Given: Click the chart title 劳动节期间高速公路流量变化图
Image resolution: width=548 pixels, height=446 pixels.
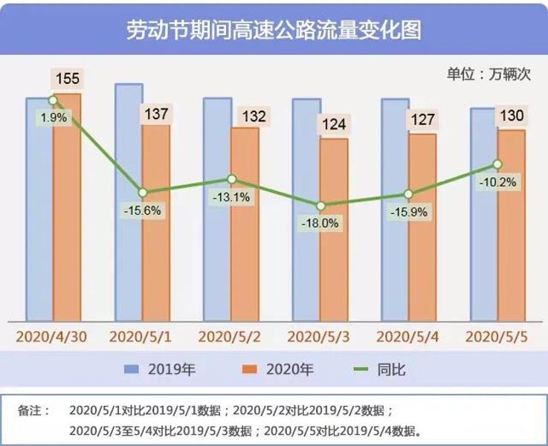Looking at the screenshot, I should pyautogui.click(x=274, y=30).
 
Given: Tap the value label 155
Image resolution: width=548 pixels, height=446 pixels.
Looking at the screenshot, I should pyautogui.click(x=67, y=79).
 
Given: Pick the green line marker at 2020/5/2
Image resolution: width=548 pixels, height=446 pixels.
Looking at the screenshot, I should pyautogui.click(x=231, y=179).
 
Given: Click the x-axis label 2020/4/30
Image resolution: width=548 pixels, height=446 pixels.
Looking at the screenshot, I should pyautogui.click(x=51, y=336).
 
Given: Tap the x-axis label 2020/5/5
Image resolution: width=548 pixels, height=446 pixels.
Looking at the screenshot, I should pyautogui.click(x=496, y=336).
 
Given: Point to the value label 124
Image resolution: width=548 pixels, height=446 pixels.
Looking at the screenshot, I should pyautogui.click(x=334, y=124).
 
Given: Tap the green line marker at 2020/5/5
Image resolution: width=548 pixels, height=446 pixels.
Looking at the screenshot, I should pyautogui.click(x=498, y=164).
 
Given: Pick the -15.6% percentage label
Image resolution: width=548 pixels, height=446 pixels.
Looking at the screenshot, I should pyautogui.click(x=142, y=210).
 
